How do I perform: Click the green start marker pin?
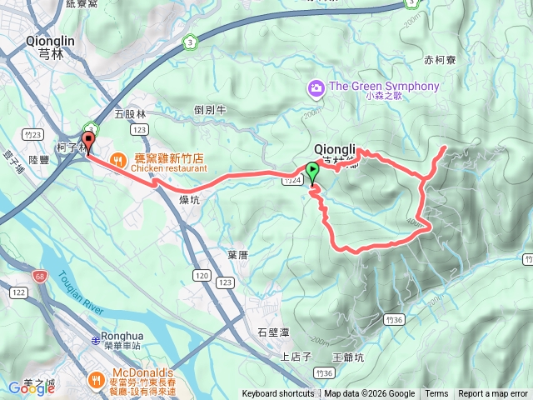click(x=312, y=172)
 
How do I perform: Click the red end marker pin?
click(x=87, y=139)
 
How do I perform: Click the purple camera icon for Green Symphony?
click(x=316, y=87)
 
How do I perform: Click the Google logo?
click(x=31, y=387)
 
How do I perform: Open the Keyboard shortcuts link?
click(x=278, y=394)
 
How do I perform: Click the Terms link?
click(x=436, y=394)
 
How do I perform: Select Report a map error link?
click(x=493, y=394)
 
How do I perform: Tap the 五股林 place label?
click(x=130, y=113)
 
